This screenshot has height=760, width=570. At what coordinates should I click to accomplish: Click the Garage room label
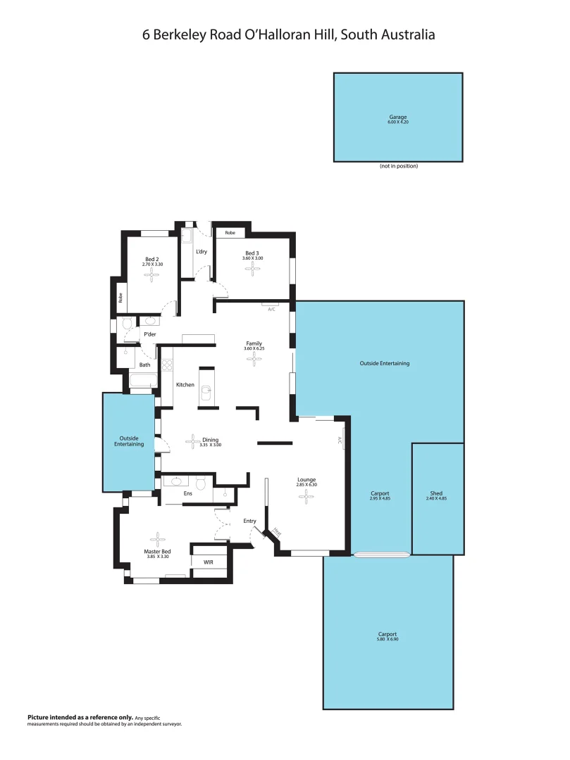pyautogui.click(x=398, y=117)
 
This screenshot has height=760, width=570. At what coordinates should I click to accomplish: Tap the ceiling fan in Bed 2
pyautogui.click(x=152, y=274)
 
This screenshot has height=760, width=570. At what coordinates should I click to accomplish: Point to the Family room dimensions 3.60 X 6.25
pyautogui.click(x=254, y=349)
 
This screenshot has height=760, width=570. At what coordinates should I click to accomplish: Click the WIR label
pyautogui.click(x=209, y=562)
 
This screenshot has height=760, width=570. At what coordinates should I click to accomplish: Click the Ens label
pyautogui.click(x=187, y=494)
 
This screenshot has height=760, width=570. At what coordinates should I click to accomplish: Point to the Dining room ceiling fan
pyautogui.click(x=192, y=442)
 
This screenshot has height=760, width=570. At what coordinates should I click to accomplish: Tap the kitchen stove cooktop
pyautogui.click(x=168, y=365)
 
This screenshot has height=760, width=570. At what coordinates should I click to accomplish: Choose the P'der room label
pyautogui.click(x=149, y=334)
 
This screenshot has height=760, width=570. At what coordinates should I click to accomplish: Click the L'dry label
pyautogui.click(x=202, y=252)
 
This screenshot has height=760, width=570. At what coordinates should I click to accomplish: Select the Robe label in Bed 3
pyautogui.click(x=230, y=232)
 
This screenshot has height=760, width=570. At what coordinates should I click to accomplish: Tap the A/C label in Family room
pyautogui.click(x=271, y=308)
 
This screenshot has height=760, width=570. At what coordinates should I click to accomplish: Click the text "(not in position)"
pyautogui.click(x=398, y=166)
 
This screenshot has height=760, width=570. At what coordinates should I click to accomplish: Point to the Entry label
pyautogui.click(x=250, y=521)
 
